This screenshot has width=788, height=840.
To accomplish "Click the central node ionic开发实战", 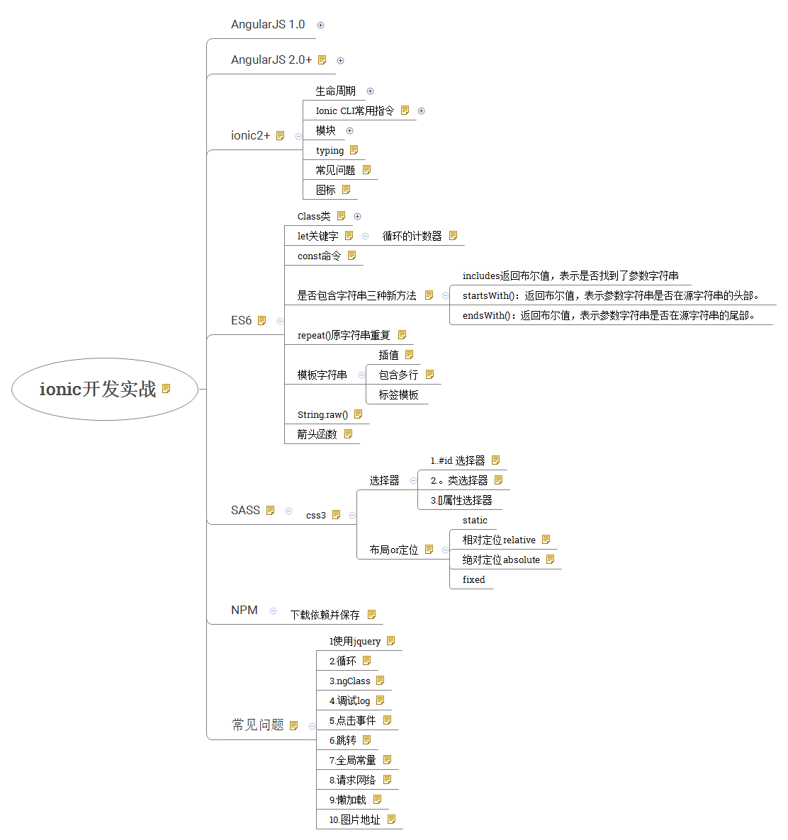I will pos(98,389).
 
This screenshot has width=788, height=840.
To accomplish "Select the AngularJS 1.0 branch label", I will pos(268,24).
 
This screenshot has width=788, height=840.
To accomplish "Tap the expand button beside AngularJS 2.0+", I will pos(340,60).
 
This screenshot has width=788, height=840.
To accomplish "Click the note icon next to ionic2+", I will pos(280,135).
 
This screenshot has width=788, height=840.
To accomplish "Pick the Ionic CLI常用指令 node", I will pos(354,110).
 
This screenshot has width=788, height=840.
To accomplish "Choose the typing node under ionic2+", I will pos(330,150).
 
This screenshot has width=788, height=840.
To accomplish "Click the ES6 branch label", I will pos(241,320).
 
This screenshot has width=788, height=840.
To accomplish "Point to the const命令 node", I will pos(319,256).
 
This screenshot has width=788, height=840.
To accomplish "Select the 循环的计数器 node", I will pos(412,236).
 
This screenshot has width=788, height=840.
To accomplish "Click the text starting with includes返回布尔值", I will pos(570,276).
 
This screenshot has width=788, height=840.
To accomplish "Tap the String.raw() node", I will pos(322,414).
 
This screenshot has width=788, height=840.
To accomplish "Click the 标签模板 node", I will pos(398,395).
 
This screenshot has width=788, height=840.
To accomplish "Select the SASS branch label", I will pos(245,510).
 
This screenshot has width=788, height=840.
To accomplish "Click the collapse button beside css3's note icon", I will pos(352,515).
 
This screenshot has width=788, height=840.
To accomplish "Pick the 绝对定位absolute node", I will pos(501,560).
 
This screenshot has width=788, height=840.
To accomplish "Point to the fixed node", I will pos(473,579).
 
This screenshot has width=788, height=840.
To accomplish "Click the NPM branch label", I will pos(244,610).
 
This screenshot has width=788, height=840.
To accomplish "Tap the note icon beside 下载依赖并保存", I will pos(371,615).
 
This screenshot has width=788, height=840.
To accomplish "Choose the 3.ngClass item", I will pos(349,681).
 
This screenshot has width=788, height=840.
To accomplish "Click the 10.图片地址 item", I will pos(354,819).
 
